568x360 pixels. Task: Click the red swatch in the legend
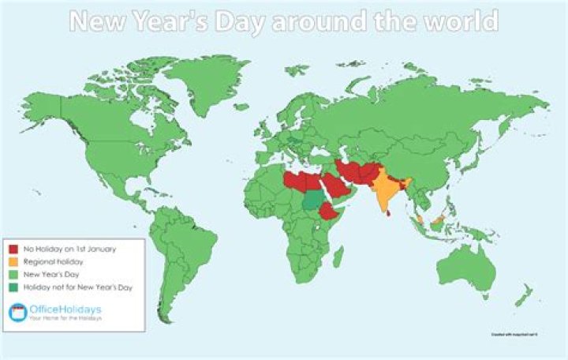[13, 249]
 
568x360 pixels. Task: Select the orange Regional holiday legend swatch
[13, 261]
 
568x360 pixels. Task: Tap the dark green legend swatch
[13, 287]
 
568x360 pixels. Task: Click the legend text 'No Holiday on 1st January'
[69, 249]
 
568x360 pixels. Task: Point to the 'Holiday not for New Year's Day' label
[77, 287]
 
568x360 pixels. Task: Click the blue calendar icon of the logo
[17, 313]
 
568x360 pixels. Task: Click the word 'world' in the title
[461, 21]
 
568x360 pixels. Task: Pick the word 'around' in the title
[315, 21]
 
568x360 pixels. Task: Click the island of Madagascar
[338, 257]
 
